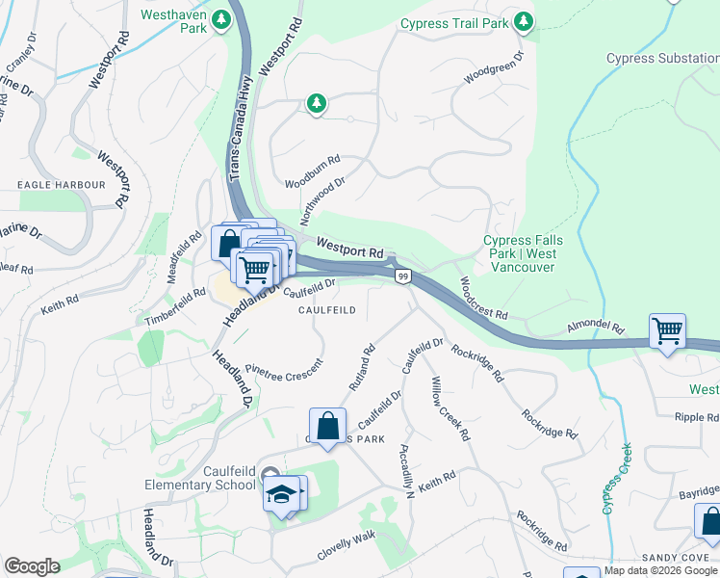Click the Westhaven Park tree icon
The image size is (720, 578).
tap(221, 18)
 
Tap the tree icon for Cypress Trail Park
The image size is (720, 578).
tap(523, 20)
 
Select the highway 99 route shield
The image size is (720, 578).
tap(402, 276)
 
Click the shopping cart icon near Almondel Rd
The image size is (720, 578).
tap(667, 332)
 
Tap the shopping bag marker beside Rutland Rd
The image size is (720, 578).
tap(327, 426)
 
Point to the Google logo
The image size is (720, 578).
tap(32, 566)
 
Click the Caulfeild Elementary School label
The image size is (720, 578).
tap(200, 477)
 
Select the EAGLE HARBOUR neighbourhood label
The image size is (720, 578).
tap(60, 184)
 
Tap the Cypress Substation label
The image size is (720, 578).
tap(661, 59)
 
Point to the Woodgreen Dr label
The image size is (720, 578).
tap(494, 66)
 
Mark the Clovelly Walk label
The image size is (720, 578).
tap(346, 546)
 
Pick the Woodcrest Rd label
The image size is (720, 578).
tap(483, 299)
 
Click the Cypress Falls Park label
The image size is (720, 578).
tap(520, 253)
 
